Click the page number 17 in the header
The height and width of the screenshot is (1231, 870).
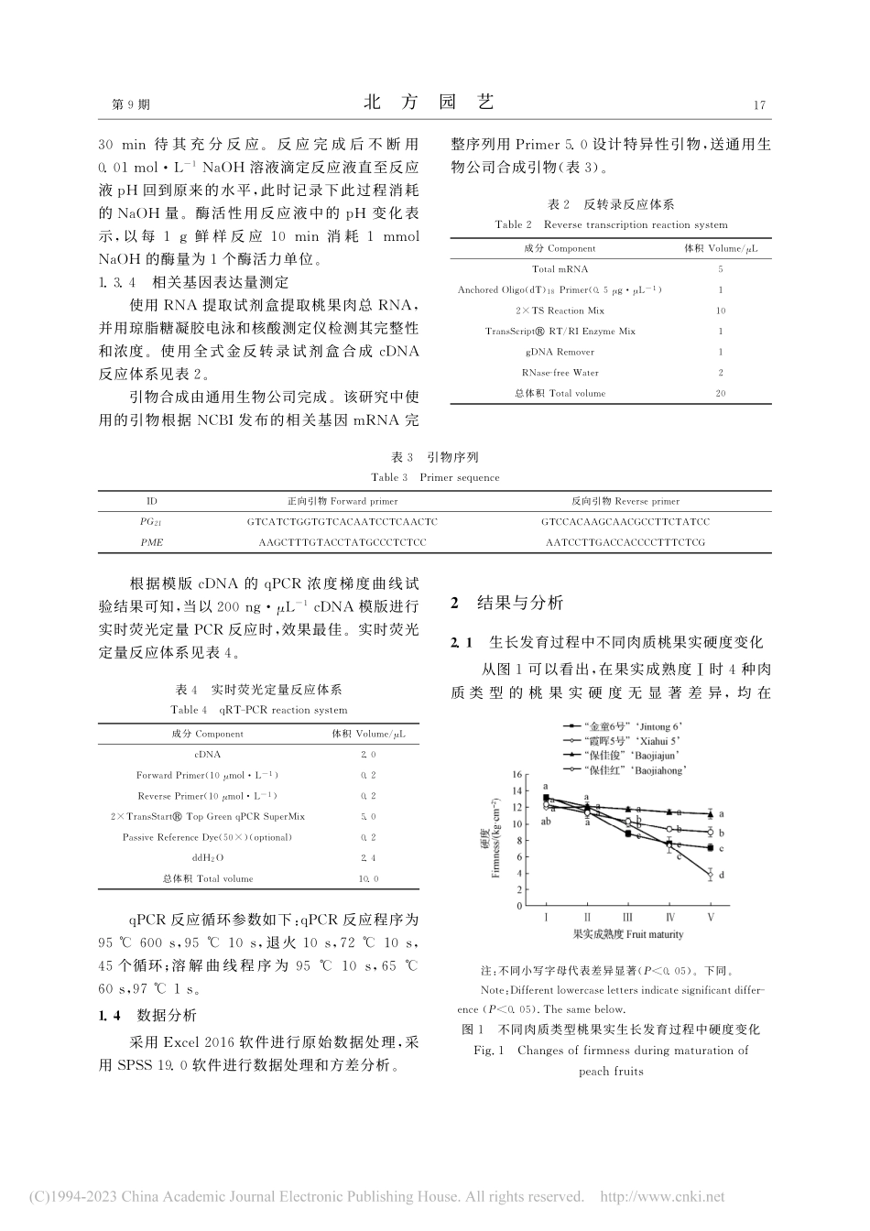pos(758,105)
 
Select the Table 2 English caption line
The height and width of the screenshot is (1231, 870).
pos(611,224)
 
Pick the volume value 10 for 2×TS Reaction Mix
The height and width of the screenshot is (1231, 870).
pos(721,310)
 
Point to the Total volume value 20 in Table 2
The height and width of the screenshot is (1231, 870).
pos(721,393)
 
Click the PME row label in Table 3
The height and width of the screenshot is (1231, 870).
pos(152,542)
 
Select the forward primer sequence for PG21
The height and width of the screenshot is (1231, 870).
pos(343,521)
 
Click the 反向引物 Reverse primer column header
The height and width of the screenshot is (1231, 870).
pos(625,501)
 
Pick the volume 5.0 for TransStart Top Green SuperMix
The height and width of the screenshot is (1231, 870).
pos(367,816)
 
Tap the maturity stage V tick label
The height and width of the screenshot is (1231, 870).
pos(711,917)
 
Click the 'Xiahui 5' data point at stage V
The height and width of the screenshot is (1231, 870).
pos(711,875)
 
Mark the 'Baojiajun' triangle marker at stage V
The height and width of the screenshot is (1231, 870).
pos(711,813)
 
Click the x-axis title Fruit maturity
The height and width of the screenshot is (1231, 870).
pos(628,935)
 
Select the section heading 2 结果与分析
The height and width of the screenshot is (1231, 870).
pos(520,603)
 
